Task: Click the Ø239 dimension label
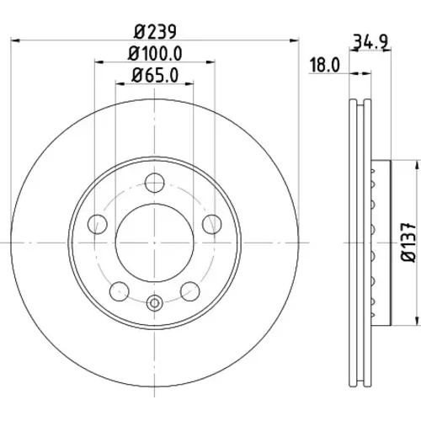pos(155,31)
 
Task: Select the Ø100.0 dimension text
pos(155,53)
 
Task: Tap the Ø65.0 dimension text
pos(155,75)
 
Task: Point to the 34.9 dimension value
pos(370,41)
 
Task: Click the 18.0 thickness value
pos(325,65)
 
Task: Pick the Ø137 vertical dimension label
pos(408,242)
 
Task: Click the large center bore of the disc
pos(154,242)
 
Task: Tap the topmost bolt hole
pos(154,183)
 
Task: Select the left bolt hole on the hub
pos(98,224)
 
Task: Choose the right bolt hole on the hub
pos(212,224)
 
